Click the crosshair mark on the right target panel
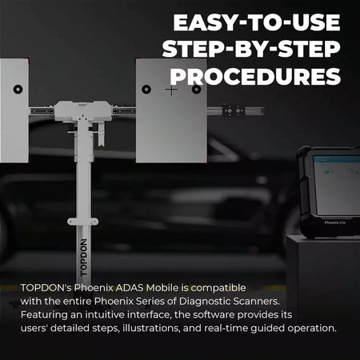pyautogui.click(x=171, y=90)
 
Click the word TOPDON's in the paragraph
pyautogui.click(x=46, y=286)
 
